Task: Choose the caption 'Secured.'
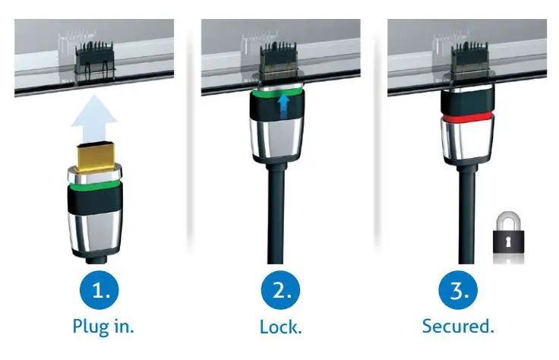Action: coord(459,327)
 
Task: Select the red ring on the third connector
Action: coord(464,120)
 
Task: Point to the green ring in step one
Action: coord(94,184)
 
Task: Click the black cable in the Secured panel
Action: coord(464,220)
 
